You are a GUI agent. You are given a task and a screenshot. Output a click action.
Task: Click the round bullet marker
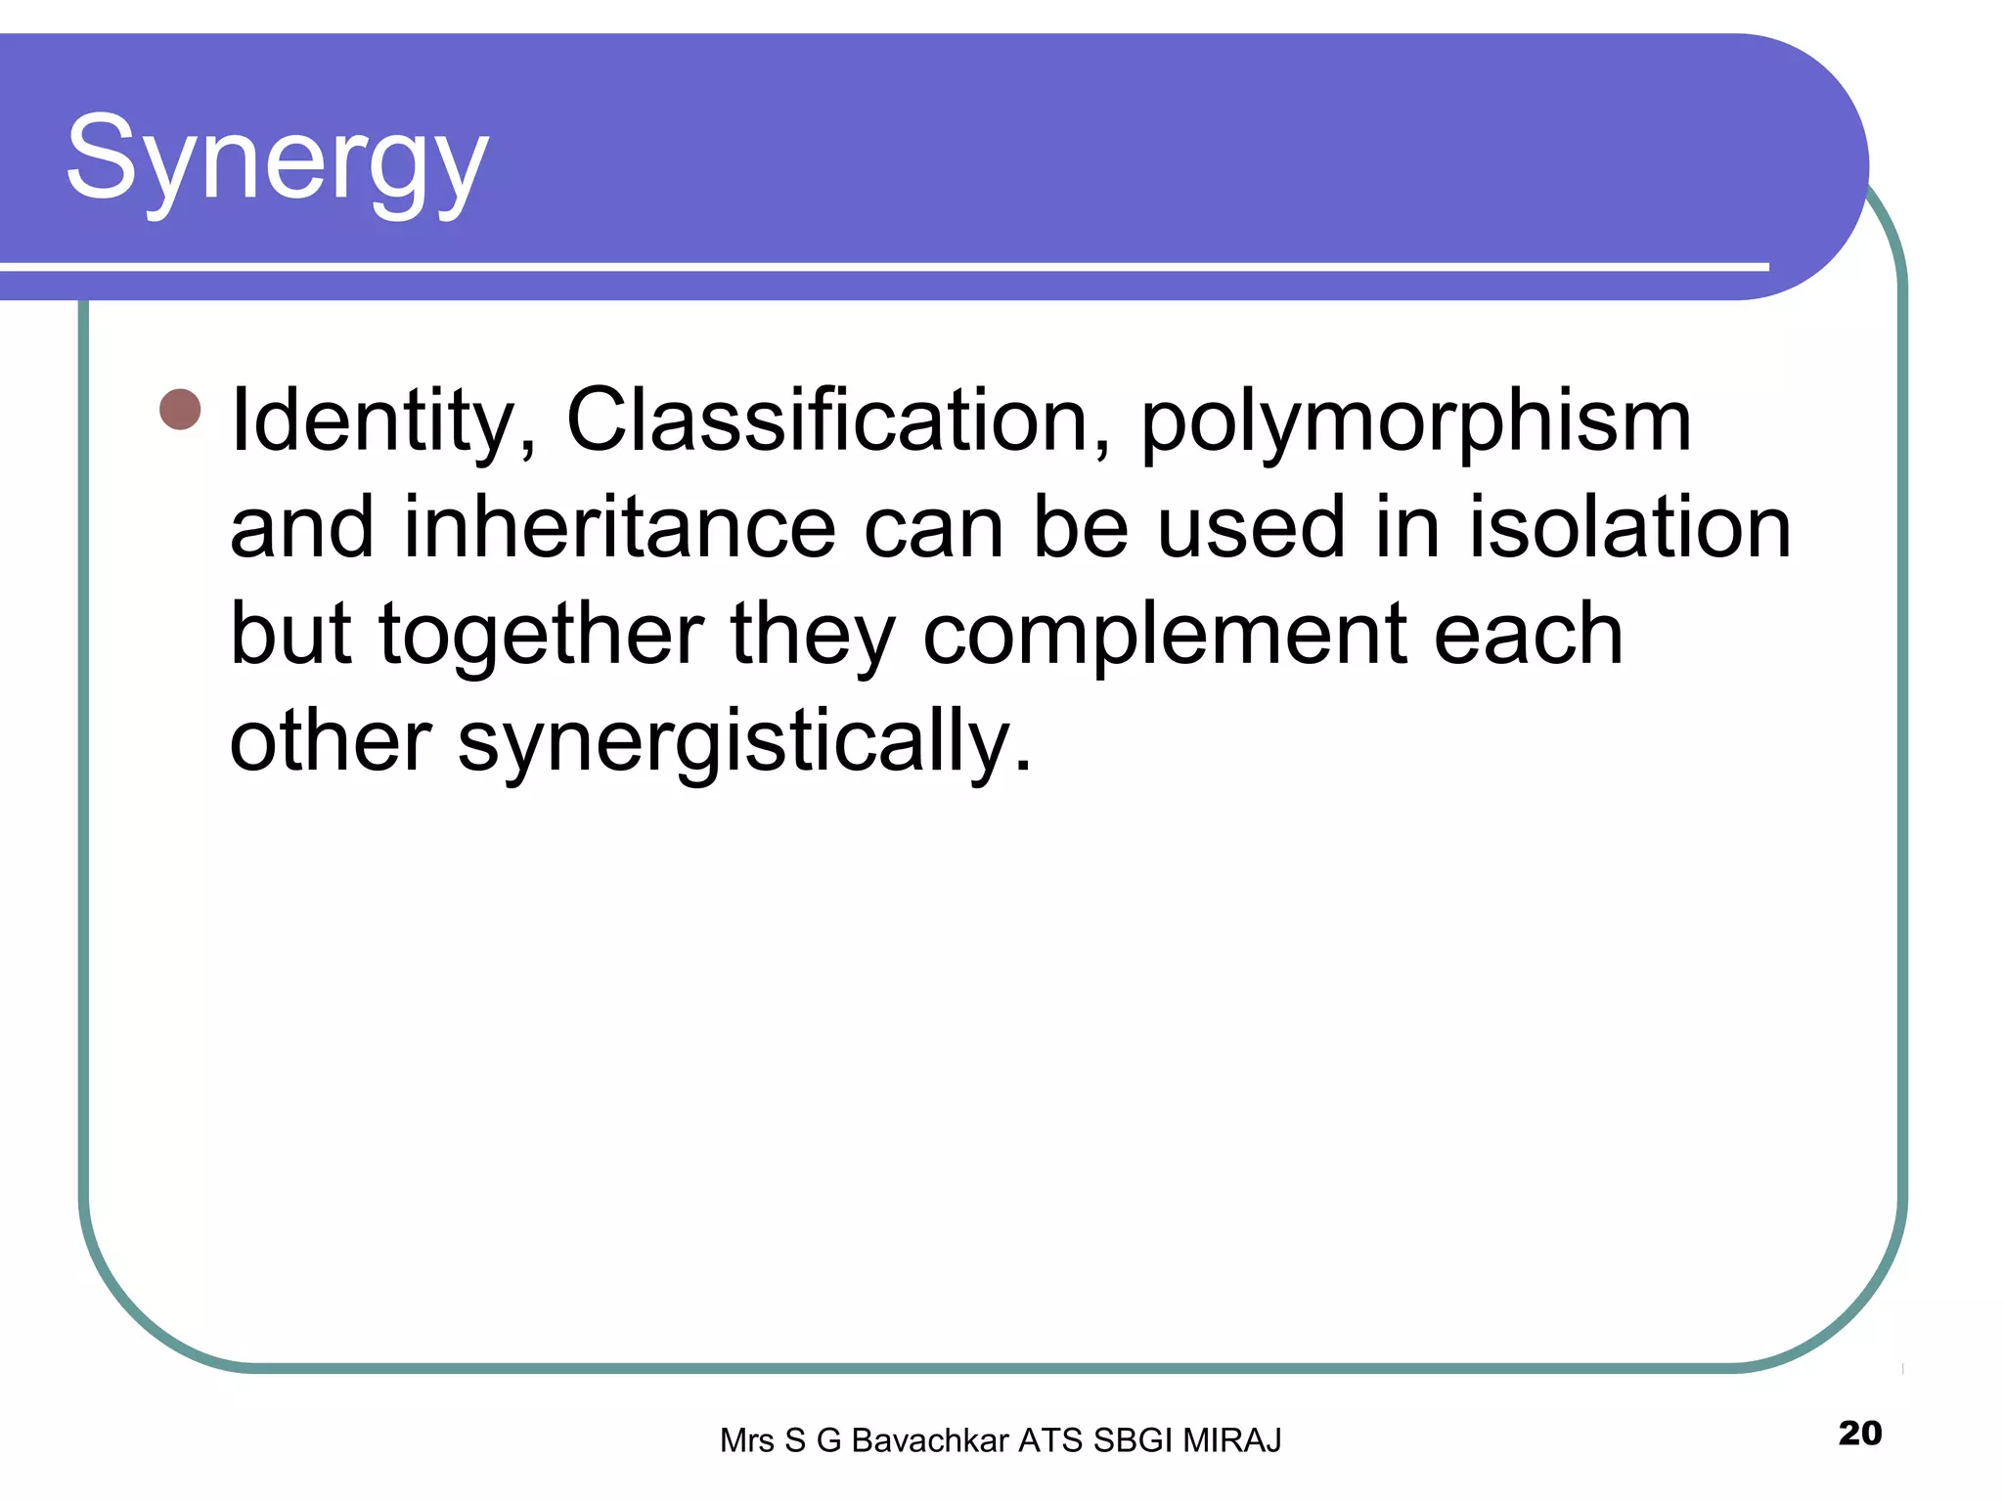pyautogui.click(x=180, y=410)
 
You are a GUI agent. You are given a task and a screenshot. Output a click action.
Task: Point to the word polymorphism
pyautogui.click(x=1415, y=423)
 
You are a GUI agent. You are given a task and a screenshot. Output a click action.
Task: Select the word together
pyautogui.click(x=541, y=635)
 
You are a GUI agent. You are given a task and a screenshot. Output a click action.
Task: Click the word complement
pyautogui.click(x=1164, y=637)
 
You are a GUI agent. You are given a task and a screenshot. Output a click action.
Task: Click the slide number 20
pyautogui.click(x=1859, y=1433)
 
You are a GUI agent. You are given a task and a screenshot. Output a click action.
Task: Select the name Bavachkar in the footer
pyautogui.click(x=930, y=1440)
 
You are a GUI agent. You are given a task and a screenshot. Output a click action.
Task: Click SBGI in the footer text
pyautogui.click(x=1134, y=1440)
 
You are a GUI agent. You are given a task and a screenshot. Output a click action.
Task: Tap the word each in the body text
pyautogui.click(x=1528, y=635)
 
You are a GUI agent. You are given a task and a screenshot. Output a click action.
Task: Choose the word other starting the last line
pyautogui.click(x=330, y=740)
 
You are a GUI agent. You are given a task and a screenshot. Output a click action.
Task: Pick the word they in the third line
pyautogui.click(x=813, y=637)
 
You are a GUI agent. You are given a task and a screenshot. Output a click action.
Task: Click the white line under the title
pyautogui.click(x=880, y=266)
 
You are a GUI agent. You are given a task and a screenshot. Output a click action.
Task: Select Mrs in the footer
pyautogui.click(x=747, y=1440)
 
